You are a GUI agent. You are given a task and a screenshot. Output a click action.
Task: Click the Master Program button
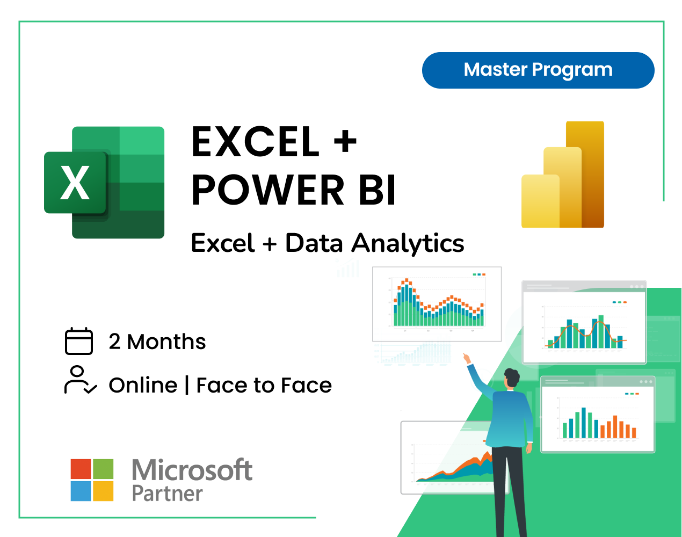pyautogui.click(x=538, y=70)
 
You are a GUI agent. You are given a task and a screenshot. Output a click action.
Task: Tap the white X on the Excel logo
pyautogui.click(x=75, y=183)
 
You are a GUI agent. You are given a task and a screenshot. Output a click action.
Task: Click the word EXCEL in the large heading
pyautogui.click(x=256, y=142)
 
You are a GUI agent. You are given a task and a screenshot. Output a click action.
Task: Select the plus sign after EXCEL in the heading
pyautogui.click(x=345, y=142)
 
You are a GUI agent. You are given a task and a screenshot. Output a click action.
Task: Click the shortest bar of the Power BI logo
pyautogui.click(x=540, y=201)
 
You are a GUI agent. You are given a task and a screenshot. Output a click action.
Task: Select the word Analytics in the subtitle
pyautogui.click(x=408, y=243)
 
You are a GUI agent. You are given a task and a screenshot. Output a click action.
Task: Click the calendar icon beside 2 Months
pyautogui.click(x=79, y=342)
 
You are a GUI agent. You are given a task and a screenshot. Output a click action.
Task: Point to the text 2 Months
pyautogui.click(x=157, y=342)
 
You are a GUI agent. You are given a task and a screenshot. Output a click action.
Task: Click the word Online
pyautogui.click(x=143, y=386)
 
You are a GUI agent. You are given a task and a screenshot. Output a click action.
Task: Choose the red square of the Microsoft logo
pyautogui.click(x=81, y=469)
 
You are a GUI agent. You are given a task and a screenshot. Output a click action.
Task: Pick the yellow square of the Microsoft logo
pyautogui.click(x=103, y=491)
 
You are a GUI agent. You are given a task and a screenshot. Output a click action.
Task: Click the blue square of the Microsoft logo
pyautogui.click(x=81, y=491)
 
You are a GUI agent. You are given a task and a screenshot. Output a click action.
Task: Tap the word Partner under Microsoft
pyautogui.click(x=167, y=494)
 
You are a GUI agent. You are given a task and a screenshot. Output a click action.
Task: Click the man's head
pyautogui.click(x=512, y=378)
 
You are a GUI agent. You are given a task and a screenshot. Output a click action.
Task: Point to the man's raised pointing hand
pyautogui.click(x=466, y=358)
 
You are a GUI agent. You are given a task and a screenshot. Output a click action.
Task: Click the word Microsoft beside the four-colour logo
pyautogui.click(x=192, y=470)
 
